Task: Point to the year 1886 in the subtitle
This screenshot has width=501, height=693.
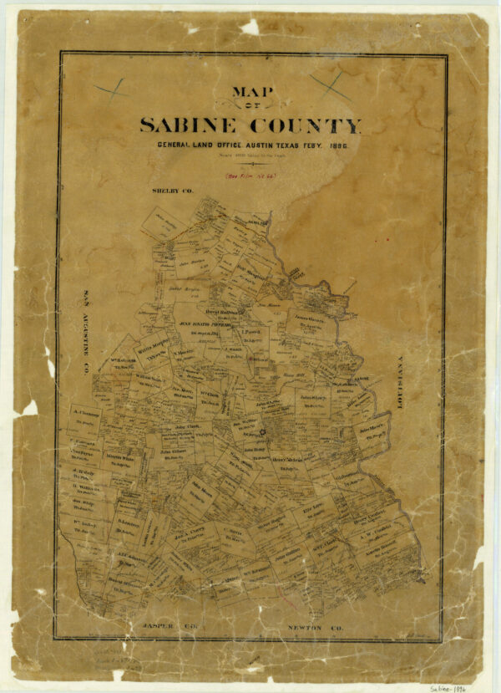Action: [336, 145]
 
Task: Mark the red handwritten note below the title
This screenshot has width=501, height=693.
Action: [250, 176]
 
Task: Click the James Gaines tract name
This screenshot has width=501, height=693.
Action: [307, 318]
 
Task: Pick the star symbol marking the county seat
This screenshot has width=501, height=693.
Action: [261, 432]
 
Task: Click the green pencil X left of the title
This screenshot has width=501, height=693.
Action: [109, 87]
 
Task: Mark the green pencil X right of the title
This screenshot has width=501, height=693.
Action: [331, 83]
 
